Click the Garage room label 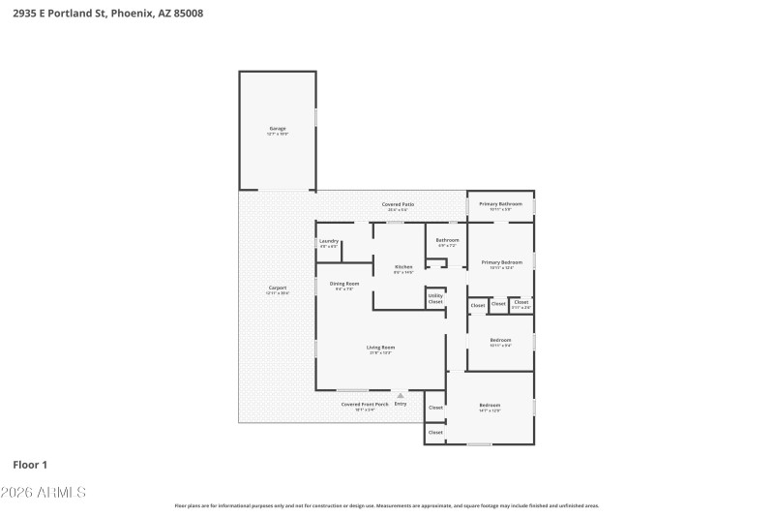tap(278, 129)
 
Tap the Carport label tap(278, 288)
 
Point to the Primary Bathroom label tap(500, 204)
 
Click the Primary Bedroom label tap(501, 262)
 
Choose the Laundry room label tap(329, 241)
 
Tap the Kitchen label tap(403, 266)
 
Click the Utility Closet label tap(435, 298)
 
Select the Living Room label tap(380, 348)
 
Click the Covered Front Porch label tap(365, 404)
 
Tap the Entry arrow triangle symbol tap(401, 395)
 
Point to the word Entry tap(401, 404)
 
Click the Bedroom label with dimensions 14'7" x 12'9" tap(490, 406)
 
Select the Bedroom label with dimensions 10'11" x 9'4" tap(500, 340)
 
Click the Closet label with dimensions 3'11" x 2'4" tap(521, 303)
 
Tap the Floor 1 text tap(30, 465)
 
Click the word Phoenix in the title tap(130, 14)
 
